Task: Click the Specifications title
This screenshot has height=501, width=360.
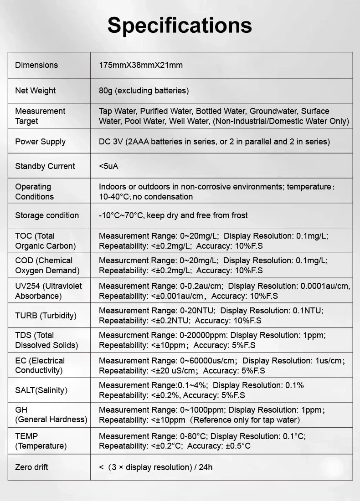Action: tap(180, 26)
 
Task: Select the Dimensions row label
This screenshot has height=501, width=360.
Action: tap(36, 65)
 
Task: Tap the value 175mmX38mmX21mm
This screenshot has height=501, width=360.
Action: tap(141, 65)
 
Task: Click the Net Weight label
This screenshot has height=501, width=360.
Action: tap(36, 91)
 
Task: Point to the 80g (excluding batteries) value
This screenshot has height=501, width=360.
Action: tap(144, 91)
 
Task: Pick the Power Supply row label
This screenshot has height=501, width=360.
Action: tap(41, 142)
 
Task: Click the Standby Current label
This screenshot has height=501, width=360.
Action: tap(45, 166)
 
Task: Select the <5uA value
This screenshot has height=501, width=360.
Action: tap(108, 166)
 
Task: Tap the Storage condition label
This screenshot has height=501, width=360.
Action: tap(47, 215)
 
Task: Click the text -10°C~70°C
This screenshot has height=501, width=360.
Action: tap(122, 215)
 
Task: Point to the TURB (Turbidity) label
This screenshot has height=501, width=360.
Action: tap(46, 316)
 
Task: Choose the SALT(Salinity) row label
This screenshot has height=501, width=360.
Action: tap(41, 390)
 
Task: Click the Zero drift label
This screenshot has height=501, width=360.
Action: tap(31, 467)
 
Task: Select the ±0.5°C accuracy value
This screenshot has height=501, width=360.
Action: tap(238, 446)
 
